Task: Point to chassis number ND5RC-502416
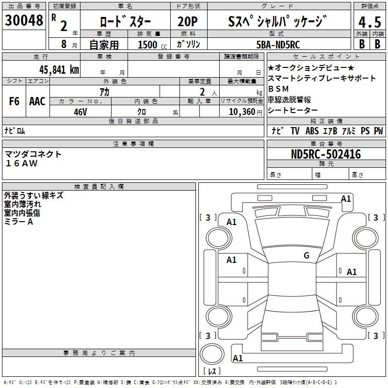pyautogui.click(x=326, y=155)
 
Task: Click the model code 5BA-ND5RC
pyautogui.click(x=277, y=45)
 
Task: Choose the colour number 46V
pyautogui.click(x=81, y=111)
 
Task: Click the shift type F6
pyautogui.click(x=14, y=101)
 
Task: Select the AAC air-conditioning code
pyautogui.click(x=37, y=101)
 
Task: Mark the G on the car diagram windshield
pyautogui.click(x=307, y=256)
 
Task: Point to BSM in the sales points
pyautogui.click(x=278, y=89)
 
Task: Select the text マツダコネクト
pyautogui.click(x=33, y=154)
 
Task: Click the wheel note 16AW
pyautogui.click(x=21, y=163)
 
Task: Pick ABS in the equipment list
pyautogui.click(x=312, y=130)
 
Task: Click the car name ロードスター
pyautogui.click(x=125, y=22)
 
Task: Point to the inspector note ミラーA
pyautogui.click(x=19, y=222)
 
